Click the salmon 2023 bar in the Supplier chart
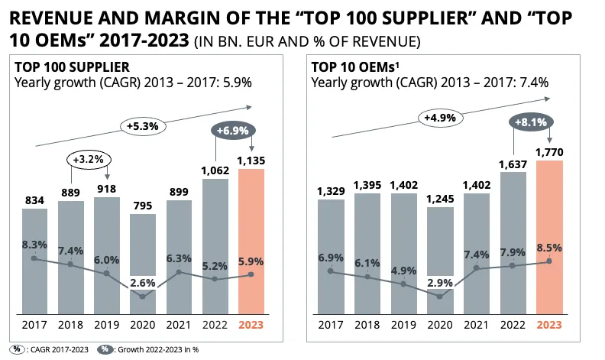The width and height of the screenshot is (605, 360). click(x=251, y=242)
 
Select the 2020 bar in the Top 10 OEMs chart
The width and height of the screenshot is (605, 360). click(x=440, y=261)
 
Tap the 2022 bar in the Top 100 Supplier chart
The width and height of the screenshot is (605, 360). click(x=215, y=246)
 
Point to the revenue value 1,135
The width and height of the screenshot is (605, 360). click(x=251, y=161)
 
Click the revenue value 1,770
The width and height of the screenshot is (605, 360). click(x=549, y=152)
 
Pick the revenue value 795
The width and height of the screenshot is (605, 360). click(x=143, y=206)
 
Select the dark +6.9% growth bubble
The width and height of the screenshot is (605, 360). click(x=233, y=131)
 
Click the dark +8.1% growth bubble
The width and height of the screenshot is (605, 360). click(x=531, y=122)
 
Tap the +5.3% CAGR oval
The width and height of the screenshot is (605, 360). click(x=143, y=126)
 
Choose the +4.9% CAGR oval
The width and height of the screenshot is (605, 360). click(x=440, y=118)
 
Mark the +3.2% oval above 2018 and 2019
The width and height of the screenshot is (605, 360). click(x=89, y=160)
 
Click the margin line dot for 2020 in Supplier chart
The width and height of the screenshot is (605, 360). click(x=143, y=297)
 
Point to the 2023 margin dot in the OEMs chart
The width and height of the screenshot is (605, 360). click(x=549, y=261)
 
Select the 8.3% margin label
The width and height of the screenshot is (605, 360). click(x=34, y=245)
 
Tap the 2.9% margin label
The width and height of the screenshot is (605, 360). click(x=440, y=283)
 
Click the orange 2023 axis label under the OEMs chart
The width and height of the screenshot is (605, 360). click(x=549, y=325)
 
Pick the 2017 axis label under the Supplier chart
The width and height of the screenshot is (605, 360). click(x=34, y=325)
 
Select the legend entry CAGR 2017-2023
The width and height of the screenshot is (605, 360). click(x=50, y=349)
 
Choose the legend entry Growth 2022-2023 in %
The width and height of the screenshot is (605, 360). click(x=148, y=349)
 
